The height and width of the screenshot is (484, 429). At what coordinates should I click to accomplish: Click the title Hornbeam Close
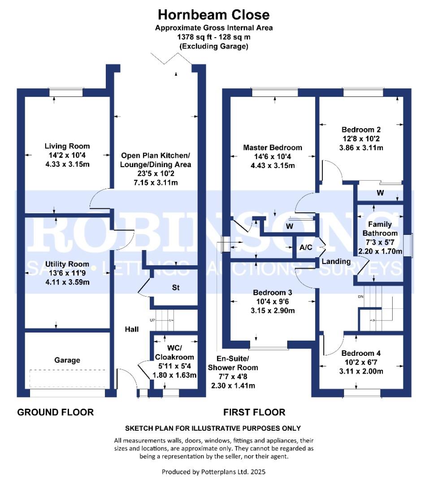[x=214, y=15]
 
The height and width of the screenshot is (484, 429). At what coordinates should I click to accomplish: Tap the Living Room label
[x=67, y=146]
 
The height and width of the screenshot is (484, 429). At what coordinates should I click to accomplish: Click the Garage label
[x=67, y=360]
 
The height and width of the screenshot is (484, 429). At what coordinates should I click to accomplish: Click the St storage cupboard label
[x=176, y=288]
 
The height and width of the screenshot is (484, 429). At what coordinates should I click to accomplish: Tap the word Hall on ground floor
[x=131, y=329]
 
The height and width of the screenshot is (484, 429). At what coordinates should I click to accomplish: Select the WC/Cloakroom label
[x=174, y=353]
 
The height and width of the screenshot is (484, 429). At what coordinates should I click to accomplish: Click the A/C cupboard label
[x=305, y=248]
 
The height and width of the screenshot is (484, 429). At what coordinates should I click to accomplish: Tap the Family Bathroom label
[x=380, y=229]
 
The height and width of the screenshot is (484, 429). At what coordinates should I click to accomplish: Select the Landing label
[x=336, y=261]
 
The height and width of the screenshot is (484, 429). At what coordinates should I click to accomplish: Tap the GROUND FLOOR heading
[x=56, y=412]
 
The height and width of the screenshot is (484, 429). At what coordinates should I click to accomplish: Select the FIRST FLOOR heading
[x=254, y=412]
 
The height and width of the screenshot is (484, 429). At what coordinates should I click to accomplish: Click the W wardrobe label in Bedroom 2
[x=380, y=193]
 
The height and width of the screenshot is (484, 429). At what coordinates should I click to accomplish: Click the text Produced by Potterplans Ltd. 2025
[x=213, y=472]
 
